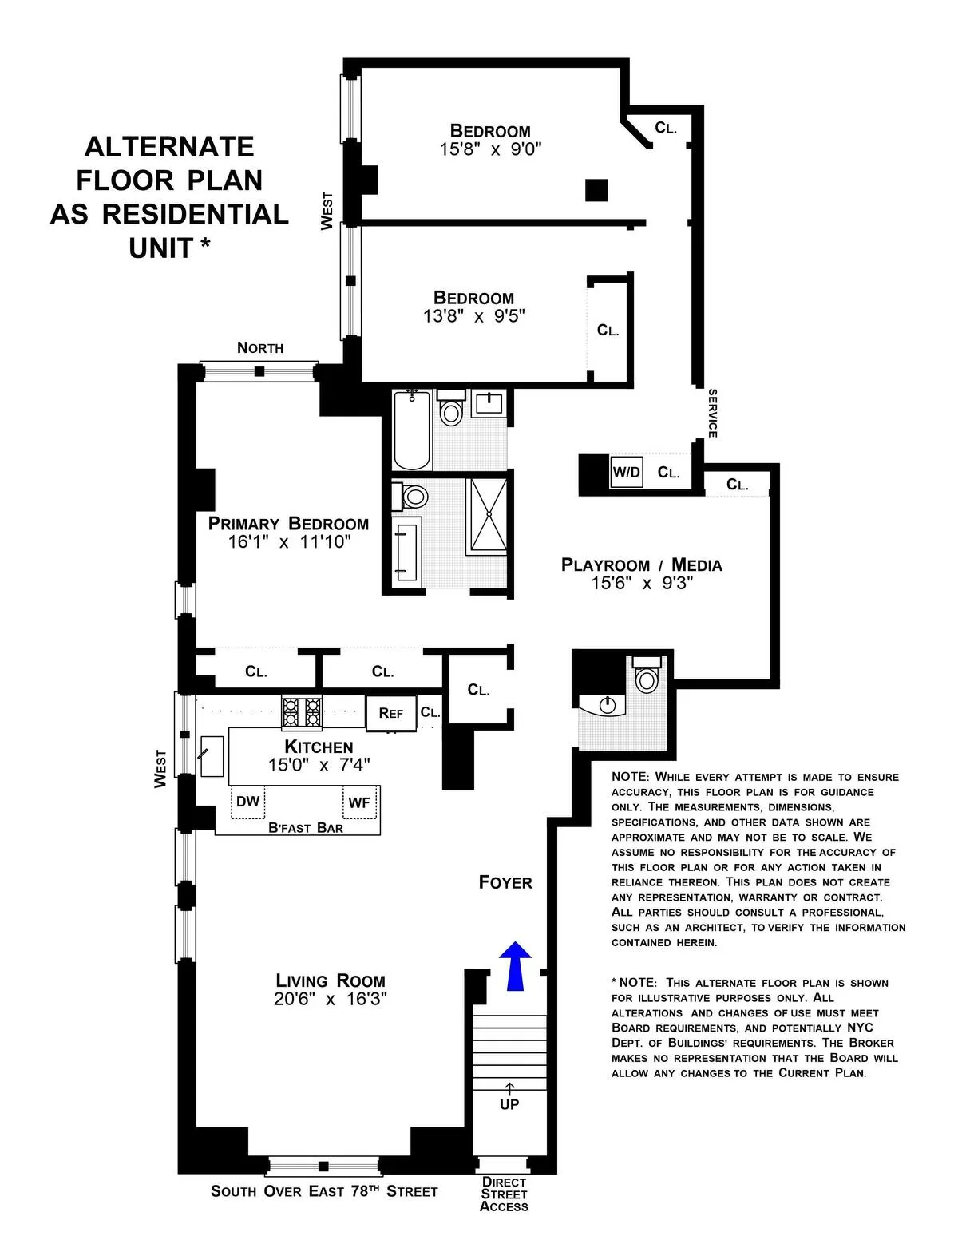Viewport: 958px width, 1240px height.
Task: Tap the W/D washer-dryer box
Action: tap(626, 472)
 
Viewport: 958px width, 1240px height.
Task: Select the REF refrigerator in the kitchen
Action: tap(391, 713)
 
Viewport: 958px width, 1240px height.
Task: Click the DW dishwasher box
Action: tap(248, 802)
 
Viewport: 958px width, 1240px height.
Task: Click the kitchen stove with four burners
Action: tap(303, 712)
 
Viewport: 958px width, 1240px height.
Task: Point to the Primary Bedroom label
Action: tap(288, 524)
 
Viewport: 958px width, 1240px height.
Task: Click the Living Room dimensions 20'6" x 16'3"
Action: tap(331, 1000)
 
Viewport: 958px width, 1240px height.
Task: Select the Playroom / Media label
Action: tap(642, 565)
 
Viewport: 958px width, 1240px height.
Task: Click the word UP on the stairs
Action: tap(509, 1104)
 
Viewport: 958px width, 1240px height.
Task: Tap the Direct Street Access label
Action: tap(505, 1194)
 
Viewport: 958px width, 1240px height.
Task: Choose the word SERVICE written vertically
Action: tap(713, 413)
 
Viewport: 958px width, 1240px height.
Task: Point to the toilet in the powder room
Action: tap(645, 679)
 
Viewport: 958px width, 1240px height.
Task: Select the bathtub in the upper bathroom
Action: tap(412, 430)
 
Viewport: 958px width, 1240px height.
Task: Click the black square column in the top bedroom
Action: tap(596, 190)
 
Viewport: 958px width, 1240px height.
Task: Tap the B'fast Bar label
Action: tap(306, 828)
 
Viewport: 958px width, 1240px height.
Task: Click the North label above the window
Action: tap(260, 347)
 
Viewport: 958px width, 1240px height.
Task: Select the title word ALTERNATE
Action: tap(169, 146)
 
